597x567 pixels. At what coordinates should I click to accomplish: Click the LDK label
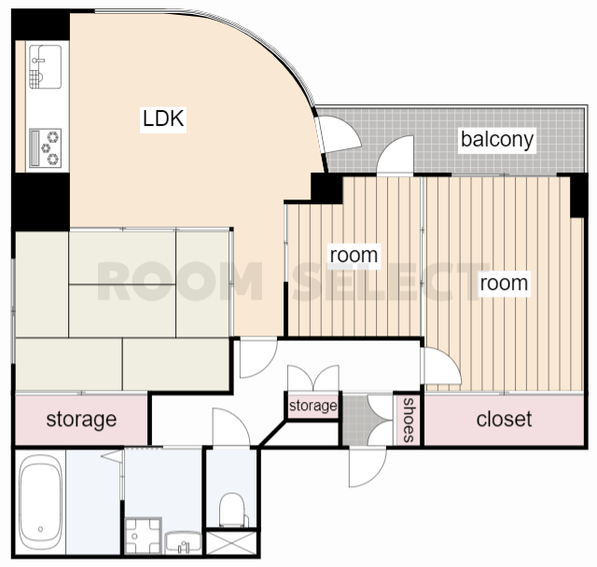point(163,118)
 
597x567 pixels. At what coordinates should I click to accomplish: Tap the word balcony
point(497,140)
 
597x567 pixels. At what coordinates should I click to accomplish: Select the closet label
point(504,419)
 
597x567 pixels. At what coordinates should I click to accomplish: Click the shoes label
point(409,420)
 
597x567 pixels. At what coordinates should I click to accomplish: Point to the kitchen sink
point(46,66)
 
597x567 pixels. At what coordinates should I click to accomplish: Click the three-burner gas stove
point(46,148)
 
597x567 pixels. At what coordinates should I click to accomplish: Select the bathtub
point(40,502)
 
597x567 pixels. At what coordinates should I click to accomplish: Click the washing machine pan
point(143,535)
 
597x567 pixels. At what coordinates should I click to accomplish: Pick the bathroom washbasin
point(183,542)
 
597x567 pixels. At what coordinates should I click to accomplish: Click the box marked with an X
point(231,543)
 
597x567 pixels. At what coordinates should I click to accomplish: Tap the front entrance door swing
point(368,467)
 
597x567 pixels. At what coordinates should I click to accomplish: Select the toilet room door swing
point(231,427)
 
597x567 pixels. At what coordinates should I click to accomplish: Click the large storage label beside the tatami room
point(81,420)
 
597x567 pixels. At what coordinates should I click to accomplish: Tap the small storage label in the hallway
point(313,406)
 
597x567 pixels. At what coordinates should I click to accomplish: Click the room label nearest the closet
point(504,283)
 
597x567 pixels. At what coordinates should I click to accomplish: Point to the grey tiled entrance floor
point(355,420)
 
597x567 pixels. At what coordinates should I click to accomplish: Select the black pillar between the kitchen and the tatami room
point(40,201)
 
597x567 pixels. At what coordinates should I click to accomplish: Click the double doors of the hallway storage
point(313,378)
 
